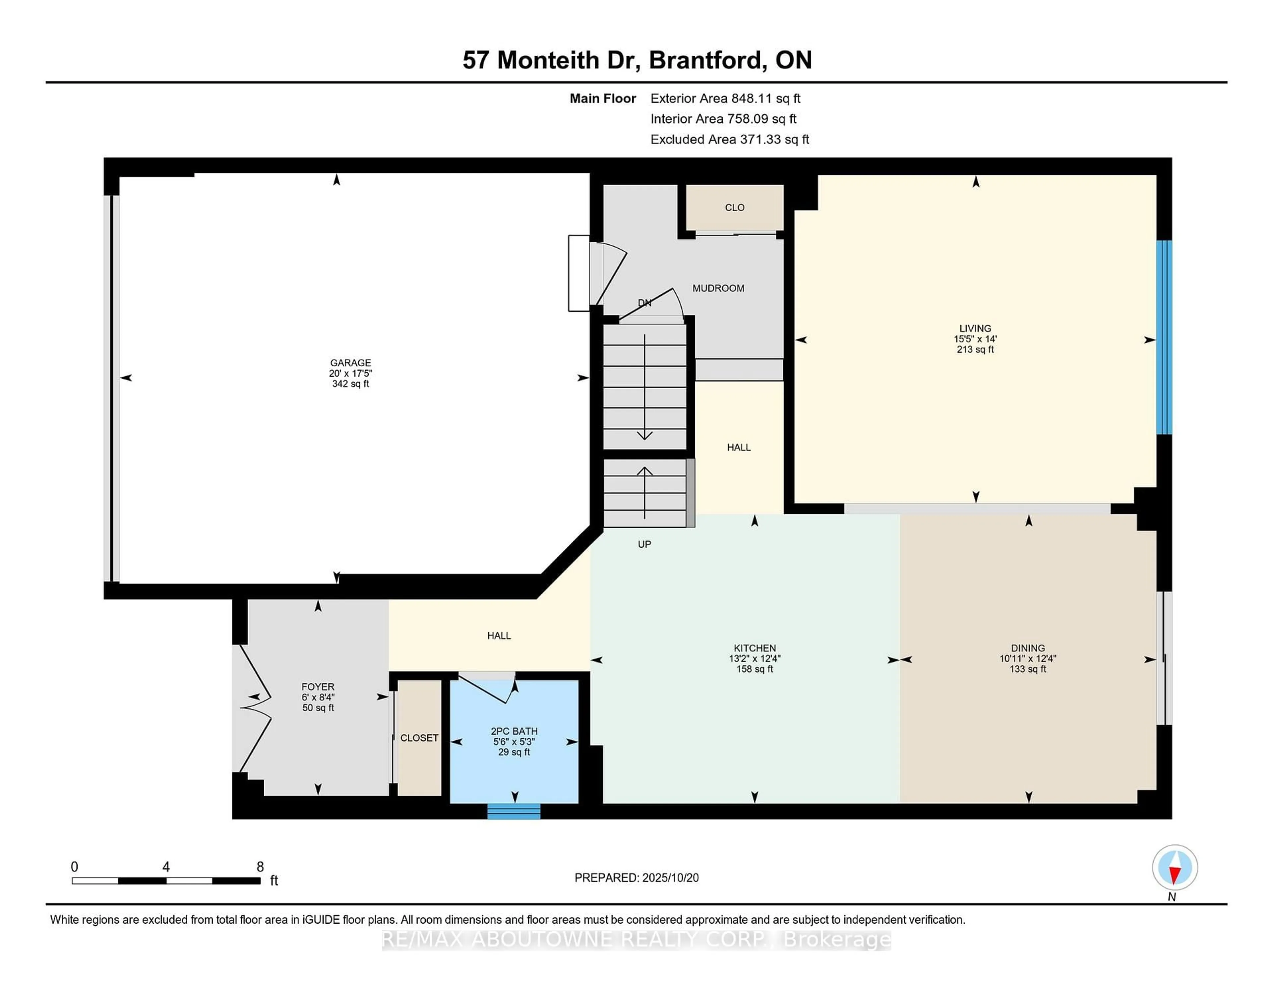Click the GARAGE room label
(x=350, y=363)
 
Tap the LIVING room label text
(x=975, y=328)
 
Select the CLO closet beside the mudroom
(x=734, y=208)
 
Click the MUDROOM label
(x=718, y=288)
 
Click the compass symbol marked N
(x=1175, y=867)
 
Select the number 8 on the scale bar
(x=260, y=867)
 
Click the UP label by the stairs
(x=644, y=544)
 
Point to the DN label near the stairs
(x=644, y=303)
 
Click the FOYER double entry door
(x=254, y=708)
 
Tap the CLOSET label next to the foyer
(x=419, y=738)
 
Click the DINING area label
(x=1028, y=647)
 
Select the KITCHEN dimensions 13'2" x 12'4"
(x=754, y=659)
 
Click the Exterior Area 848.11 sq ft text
(x=725, y=98)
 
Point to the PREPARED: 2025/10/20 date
(x=636, y=877)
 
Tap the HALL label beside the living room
(x=739, y=447)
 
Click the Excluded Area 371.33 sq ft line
(x=729, y=139)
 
